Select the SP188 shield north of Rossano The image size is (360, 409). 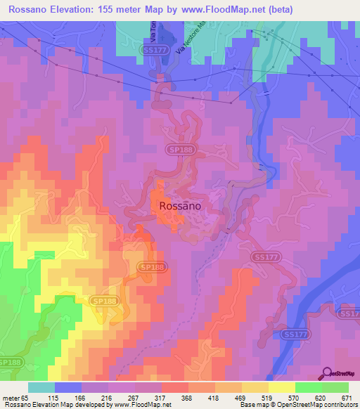pos(179,150)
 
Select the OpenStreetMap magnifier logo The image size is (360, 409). pos(327,373)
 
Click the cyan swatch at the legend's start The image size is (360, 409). pos(41,387)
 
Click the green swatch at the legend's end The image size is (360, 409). pos(335,387)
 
